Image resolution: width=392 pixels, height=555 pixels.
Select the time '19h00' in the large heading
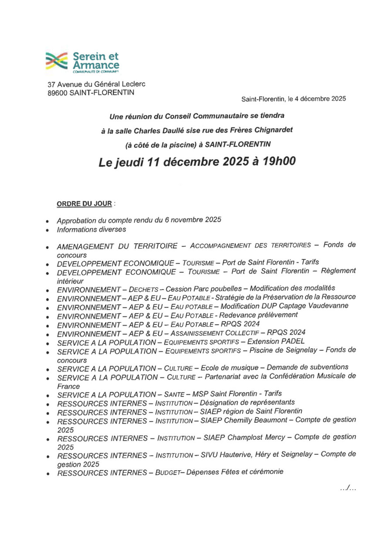click(x=272, y=162)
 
